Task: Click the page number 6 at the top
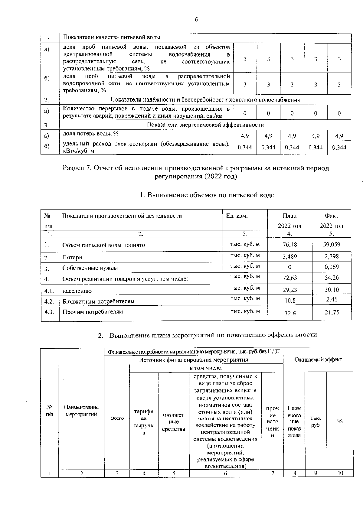pyautogui.click(x=196, y=20)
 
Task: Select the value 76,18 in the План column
pyautogui.click(x=289, y=244)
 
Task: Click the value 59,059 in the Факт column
pyautogui.click(x=332, y=244)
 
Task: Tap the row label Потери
pyautogui.click(x=72, y=257)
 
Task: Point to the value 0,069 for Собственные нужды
pyautogui.click(x=332, y=267)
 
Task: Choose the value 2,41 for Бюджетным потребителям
pyautogui.click(x=332, y=299)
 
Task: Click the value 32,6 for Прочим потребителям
pyautogui.click(x=290, y=314)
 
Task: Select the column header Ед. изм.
pyautogui.click(x=237, y=216)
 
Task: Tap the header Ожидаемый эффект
pyautogui.click(x=318, y=359)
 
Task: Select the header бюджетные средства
pyautogui.click(x=174, y=422)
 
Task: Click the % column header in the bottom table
pyautogui.click(x=340, y=421)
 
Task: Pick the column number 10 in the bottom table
pyautogui.click(x=340, y=473)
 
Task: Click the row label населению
pyautogui.click(x=77, y=291)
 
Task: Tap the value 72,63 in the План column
pyautogui.click(x=289, y=278)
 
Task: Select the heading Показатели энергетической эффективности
pyautogui.click(x=205, y=125)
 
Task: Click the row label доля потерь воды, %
pyautogui.click(x=90, y=134)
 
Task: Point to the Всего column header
pyautogui.click(x=117, y=418)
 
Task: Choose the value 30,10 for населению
pyautogui.click(x=332, y=290)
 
